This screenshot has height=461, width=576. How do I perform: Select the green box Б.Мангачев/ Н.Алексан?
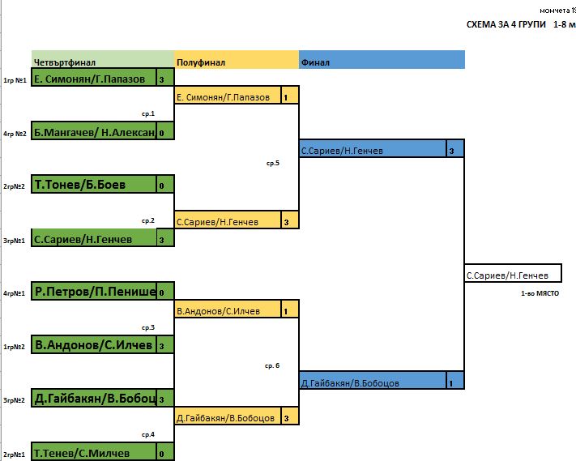(93, 132)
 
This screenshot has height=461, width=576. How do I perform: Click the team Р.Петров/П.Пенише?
(93, 292)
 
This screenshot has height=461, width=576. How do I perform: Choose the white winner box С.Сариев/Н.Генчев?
(512, 275)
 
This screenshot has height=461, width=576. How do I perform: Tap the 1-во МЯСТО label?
(540, 293)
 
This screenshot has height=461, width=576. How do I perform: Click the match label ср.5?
(272, 163)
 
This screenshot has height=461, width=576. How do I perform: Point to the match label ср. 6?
(272, 365)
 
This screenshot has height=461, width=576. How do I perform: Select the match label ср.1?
(147, 114)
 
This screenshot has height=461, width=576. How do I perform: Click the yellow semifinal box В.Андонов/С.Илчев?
(227, 309)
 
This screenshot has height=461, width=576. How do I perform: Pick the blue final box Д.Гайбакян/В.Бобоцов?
(372, 382)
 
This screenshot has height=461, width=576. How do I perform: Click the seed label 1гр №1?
(15, 80)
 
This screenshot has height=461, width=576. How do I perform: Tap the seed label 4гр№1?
(15, 293)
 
